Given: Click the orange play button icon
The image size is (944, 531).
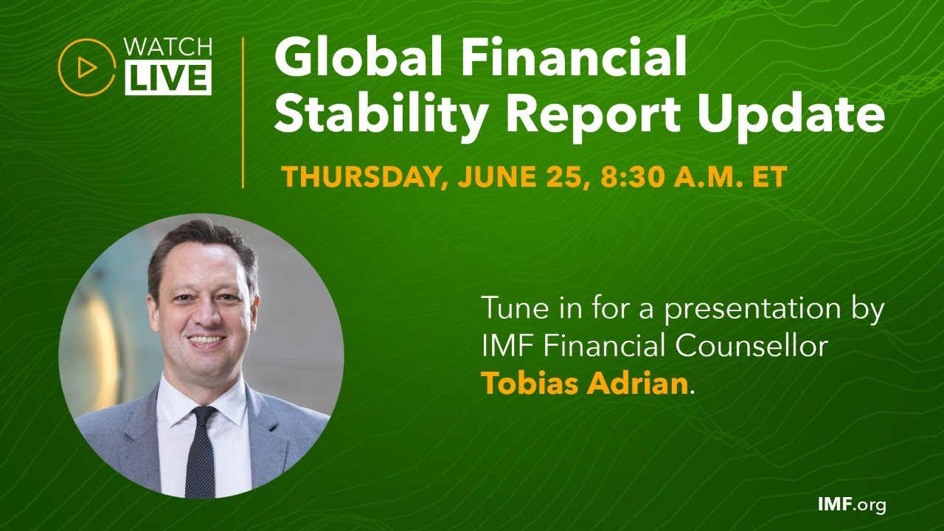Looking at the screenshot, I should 87,67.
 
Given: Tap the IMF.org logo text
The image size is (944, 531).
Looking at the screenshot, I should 852,505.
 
